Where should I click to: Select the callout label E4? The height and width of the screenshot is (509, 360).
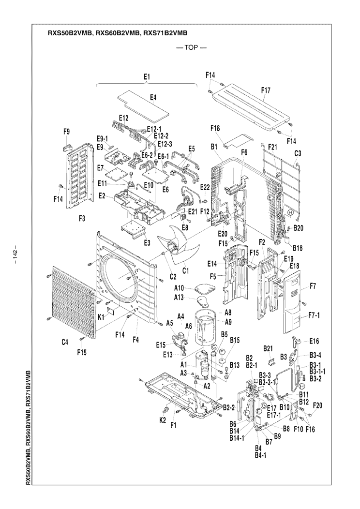[x=152, y=98]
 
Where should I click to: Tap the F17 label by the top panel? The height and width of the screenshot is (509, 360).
[x=266, y=90]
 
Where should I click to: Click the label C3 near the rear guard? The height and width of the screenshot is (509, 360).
[x=298, y=153]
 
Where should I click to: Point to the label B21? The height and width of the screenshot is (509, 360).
[x=269, y=348]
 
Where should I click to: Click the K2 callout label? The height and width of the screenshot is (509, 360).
[x=163, y=419]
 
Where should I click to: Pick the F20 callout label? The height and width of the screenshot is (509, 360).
[x=318, y=405]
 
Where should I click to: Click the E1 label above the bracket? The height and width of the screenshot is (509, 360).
[x=147, y=76]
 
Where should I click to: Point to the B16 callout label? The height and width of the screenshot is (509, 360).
[x=297, y=248]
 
